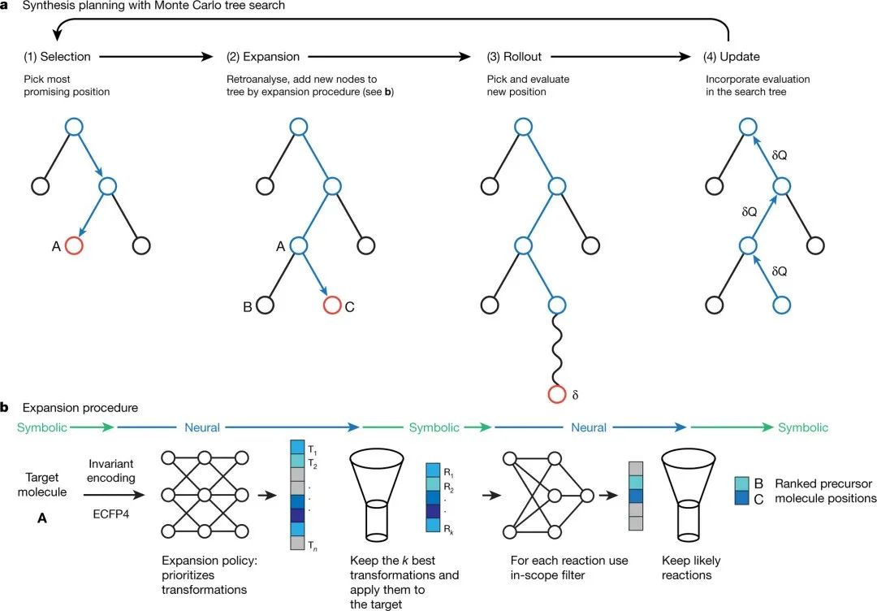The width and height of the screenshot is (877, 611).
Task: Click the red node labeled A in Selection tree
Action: (74, 245)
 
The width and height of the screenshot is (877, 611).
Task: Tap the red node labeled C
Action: (332, 305)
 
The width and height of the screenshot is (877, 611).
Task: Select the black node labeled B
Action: (265, 305)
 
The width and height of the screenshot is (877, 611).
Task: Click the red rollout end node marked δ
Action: (556, 396)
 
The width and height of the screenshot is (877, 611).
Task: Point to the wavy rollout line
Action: (556, 349)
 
